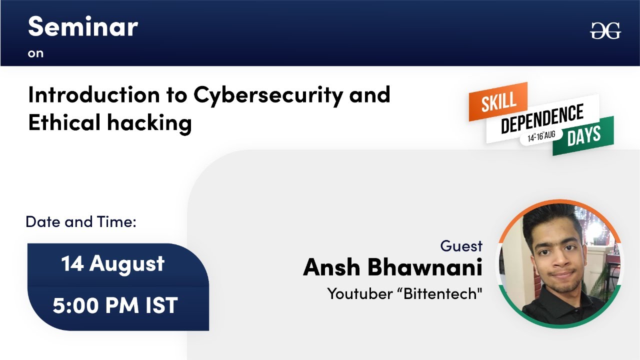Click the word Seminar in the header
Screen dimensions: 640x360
point(83,26)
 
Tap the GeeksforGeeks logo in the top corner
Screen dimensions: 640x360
point(605,30)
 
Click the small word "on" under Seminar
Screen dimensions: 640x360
point(35,53)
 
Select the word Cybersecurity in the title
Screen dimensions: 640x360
point(268,96)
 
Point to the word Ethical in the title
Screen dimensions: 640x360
point(64,122)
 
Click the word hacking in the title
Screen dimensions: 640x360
point(149,123)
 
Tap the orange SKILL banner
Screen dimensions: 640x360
point(498,101)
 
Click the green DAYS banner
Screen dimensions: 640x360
point(583,135)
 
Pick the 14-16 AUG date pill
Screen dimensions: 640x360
point(541,136)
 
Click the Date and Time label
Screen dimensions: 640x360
point(81,222)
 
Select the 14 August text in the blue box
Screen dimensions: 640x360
point(113,263)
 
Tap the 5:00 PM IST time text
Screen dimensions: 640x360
point(115,305)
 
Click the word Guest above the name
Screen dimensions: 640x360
point(461,246)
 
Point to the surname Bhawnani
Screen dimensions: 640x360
point(425,267)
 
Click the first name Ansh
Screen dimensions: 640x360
point(331,267)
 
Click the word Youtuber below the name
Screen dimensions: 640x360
point(360,293)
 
